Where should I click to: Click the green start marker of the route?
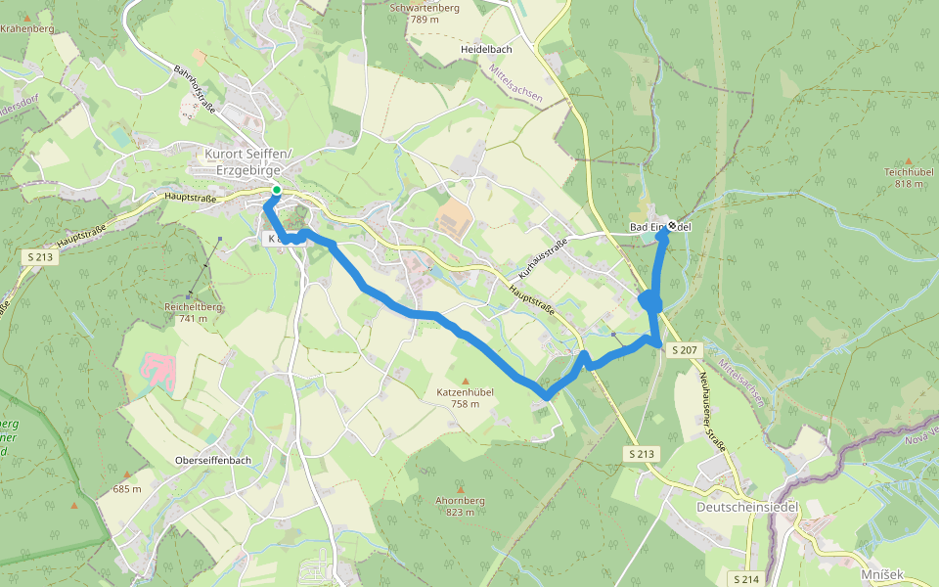pyautogui.click(x=277, y=191)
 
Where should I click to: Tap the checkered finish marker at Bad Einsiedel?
pyautogui.click(x=672, y=226)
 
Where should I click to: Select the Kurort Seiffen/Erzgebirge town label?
pyautogui.click(x=248, y=162)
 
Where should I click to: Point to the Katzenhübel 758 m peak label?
pyautogui.click(x=466, y=397)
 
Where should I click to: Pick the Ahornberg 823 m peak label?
pyautogui.click(x=461, y=506)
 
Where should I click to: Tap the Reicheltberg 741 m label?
pyautogui.click(x=194, y=312)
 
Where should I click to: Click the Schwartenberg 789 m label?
pyautogui.click(x=425, y=13)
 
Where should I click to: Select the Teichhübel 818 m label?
pyautogui.click(x=909, y=177)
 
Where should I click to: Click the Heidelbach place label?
pyautogui.click(x=487, y=48)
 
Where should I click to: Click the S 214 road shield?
pyautogui.click(x=745, y=578)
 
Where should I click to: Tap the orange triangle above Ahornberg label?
pyautogui.click(x=461, y=488)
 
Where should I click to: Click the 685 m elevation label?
pyautogui.click(x=127, y=488)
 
